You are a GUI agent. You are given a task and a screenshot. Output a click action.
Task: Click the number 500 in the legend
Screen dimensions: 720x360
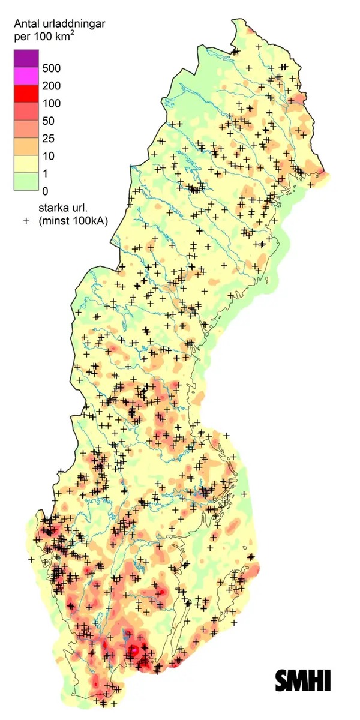(50, 68)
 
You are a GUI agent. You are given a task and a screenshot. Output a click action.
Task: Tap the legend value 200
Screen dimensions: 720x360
(50, 86)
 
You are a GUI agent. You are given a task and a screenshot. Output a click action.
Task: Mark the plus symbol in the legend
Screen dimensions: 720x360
(26, 221)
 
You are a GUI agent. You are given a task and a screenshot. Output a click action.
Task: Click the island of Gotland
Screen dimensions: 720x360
(240, 585)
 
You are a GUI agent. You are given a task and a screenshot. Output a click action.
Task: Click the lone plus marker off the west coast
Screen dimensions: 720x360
(31, 559)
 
